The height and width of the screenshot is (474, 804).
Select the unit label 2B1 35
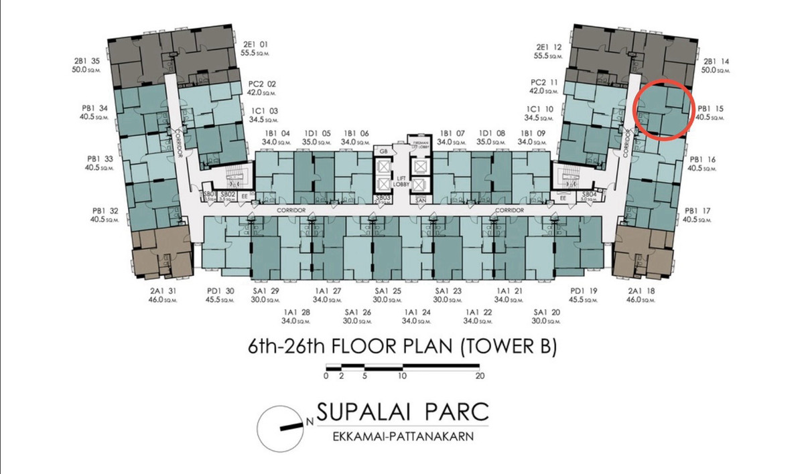pos(88,61)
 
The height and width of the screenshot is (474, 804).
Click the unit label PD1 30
pos(220,291)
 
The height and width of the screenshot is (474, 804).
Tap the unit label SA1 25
pos(388,291)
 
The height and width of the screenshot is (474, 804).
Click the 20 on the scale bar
pos(480,376)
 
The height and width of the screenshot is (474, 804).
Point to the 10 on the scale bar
pos(402,376)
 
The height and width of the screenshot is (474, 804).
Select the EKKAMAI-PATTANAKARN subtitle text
pos(401,437)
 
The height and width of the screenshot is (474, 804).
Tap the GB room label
pos(383,152)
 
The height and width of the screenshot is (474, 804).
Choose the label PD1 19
pos(584,291)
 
